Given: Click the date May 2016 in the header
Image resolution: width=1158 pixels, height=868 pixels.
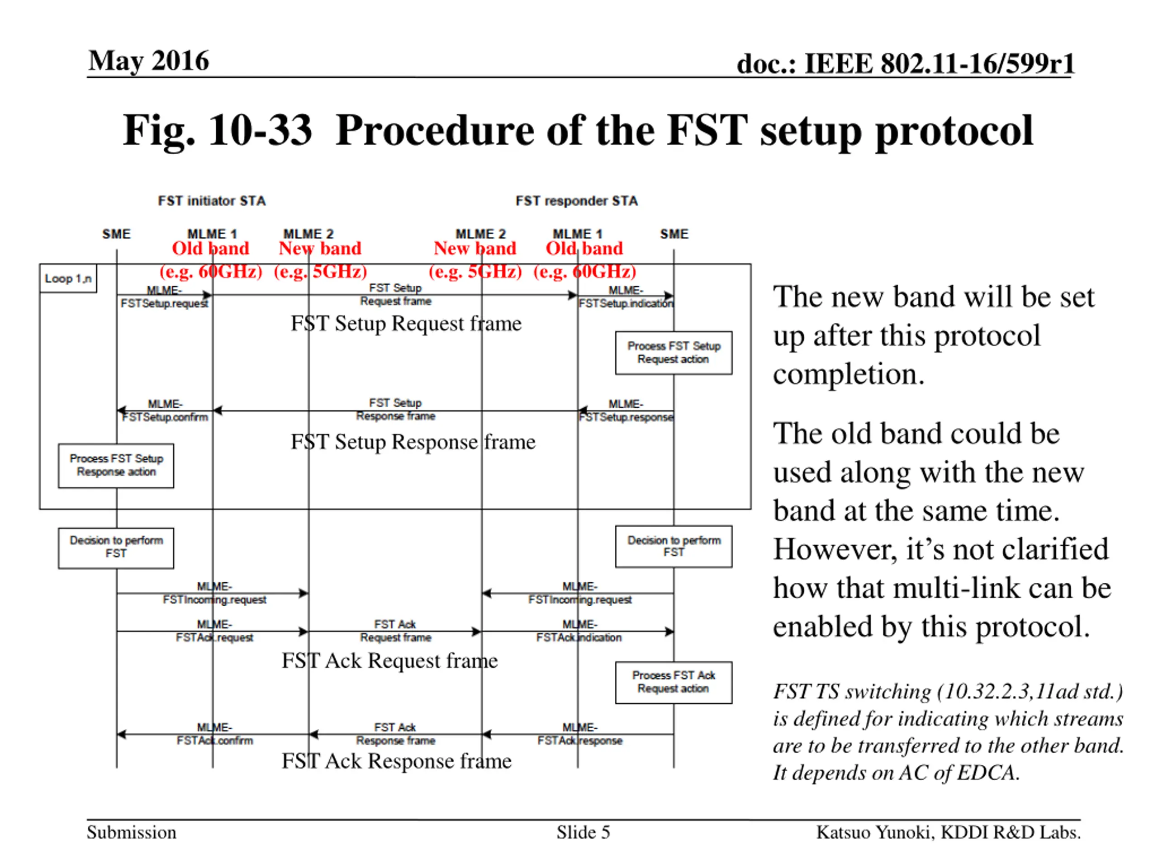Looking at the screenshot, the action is (149, 61).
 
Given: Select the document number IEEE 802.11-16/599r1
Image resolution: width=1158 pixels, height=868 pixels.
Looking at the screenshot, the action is (939, 64).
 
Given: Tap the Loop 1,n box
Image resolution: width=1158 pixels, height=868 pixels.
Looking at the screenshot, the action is (68, 278).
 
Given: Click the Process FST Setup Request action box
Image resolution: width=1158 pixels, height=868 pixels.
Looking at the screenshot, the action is (673, 353).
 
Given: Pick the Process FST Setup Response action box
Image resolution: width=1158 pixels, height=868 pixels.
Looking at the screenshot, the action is (116, 466).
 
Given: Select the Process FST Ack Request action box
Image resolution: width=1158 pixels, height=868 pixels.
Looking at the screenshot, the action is (673, 682).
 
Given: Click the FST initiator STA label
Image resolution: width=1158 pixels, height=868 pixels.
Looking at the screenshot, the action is (212, 201).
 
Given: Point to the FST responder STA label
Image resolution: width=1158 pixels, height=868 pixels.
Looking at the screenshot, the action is (576, 201).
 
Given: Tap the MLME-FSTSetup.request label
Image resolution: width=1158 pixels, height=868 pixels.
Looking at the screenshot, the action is (164, 297).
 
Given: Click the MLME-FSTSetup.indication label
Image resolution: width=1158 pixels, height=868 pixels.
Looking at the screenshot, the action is (626, 297).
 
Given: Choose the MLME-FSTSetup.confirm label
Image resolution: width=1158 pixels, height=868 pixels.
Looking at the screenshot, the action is (165, 410).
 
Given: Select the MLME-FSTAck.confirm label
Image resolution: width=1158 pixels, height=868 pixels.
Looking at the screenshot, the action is (215, 734).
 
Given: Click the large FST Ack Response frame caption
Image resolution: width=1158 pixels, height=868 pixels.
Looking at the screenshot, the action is (396, 761).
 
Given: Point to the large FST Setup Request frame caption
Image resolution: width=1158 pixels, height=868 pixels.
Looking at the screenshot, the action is (406, 323).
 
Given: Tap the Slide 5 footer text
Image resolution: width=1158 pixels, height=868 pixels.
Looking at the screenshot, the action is (583, 832).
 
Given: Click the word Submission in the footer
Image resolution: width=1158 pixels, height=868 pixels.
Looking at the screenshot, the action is (131, 832).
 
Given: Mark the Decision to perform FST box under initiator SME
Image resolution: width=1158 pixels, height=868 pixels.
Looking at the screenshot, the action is (116, 548).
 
